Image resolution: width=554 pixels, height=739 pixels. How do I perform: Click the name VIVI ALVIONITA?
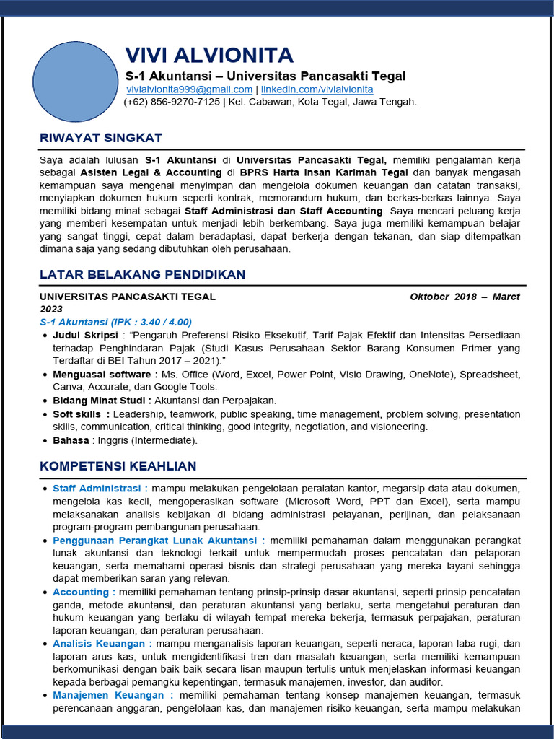click(x=209, y=56)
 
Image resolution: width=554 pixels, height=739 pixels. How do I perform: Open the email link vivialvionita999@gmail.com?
click(x=189, y=89)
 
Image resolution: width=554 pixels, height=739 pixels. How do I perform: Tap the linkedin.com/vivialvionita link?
click(x=317, y=89)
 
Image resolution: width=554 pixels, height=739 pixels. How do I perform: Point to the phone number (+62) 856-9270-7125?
click(x=172, y=102)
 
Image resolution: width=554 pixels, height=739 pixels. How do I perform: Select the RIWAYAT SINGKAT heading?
click(x=101, y=138)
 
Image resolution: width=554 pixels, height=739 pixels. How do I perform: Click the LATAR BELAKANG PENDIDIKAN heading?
click(x=142, y=274)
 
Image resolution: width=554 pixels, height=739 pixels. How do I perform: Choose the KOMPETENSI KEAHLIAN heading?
click(x=118, y=466)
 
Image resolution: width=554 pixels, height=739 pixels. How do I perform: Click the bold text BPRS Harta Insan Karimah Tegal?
click(x=324, y=173)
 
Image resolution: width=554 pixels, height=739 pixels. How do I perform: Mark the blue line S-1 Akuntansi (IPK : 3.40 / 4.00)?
click(x=115, y=322)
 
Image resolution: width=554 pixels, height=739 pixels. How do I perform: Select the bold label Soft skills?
click(x=80, y=414)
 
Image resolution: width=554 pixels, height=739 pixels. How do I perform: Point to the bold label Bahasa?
click(x=71, y=440)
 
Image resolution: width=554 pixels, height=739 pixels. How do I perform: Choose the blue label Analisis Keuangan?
click(x=101, y=644)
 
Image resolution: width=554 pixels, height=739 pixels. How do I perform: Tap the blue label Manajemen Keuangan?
click(x=112, y=695)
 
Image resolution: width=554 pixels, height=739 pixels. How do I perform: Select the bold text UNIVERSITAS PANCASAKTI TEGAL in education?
click(x=127, y=297)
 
